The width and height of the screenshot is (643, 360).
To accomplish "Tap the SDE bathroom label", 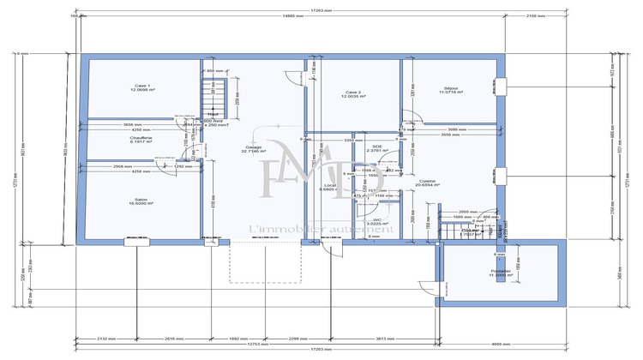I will [377, 148].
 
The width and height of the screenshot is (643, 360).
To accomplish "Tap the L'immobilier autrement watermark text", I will [321, 228].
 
